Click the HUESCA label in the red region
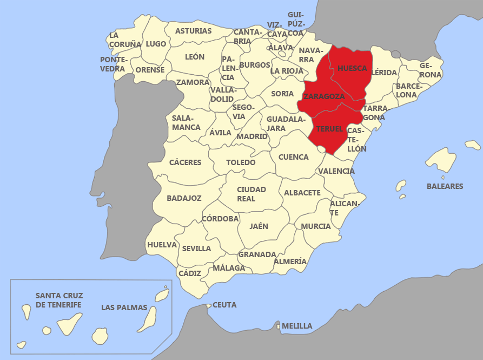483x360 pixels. (x=352, y=69)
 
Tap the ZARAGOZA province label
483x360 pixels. (x=324, y=96)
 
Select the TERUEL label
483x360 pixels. (x=329, y=129)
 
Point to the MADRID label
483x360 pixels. (x=252, y=136)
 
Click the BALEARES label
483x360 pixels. (x=445, y=186)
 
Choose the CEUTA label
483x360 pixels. (x=224, y=305)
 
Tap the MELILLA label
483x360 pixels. (x=297, y=326)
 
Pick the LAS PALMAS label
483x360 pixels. (x=124, y=307)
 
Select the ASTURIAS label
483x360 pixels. (x=194, y=31)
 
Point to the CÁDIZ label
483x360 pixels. (x=189, y=273)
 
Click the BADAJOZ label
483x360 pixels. (x=184, y=198)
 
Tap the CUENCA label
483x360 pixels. (x=293, y=157)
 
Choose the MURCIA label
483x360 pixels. (x=316, y=226)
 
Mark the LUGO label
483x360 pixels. (x=156, y=44)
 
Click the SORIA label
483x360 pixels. (x=282, y=94)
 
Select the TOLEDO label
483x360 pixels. (x=241, y=162)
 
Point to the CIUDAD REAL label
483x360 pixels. (x=252, y=194)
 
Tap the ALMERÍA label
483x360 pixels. (x=290, y=261)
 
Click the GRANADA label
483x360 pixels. (x=257, y=254)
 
